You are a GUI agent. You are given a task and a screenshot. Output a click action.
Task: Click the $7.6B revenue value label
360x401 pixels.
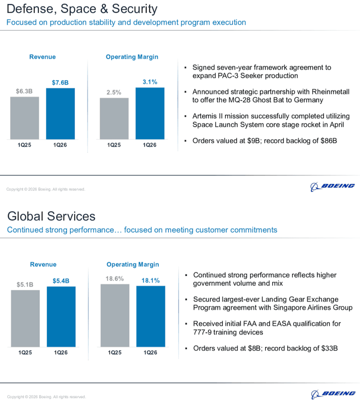[60, 82]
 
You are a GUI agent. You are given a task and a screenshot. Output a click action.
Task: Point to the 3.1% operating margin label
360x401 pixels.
[150, 82]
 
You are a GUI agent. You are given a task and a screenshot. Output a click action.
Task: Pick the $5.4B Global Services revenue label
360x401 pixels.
[61, 281]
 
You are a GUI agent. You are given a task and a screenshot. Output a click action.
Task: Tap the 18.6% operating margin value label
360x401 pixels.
[115, 279]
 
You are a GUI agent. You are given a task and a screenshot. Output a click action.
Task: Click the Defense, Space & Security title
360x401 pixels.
[82, 9]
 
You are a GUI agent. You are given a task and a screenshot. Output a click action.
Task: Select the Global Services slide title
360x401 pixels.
[51, 216]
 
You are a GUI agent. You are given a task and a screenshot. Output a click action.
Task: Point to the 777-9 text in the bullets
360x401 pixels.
[202, 332]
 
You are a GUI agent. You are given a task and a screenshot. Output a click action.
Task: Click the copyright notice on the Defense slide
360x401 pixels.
[45, 189]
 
